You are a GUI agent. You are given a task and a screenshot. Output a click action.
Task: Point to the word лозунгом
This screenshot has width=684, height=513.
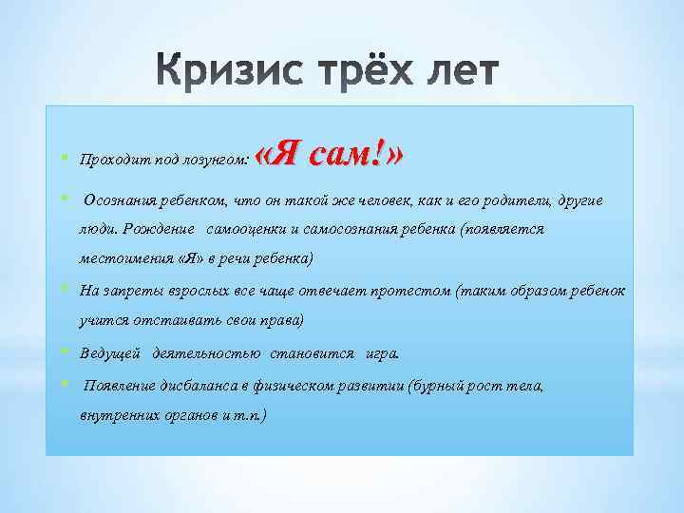pos(216,161)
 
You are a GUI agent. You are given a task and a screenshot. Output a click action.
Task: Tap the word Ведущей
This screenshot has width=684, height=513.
pos(110,353)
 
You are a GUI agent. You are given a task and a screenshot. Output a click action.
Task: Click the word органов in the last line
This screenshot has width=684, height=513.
pos(193,415)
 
